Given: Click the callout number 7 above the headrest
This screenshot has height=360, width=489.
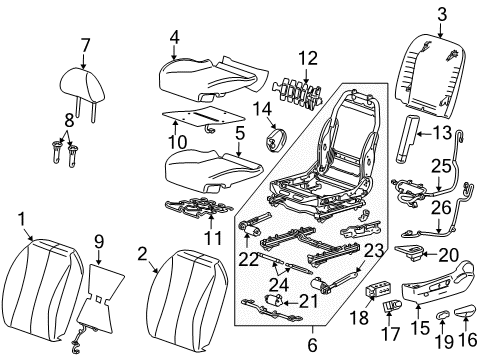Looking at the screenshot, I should pyautogui.click(x=85, y=45).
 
